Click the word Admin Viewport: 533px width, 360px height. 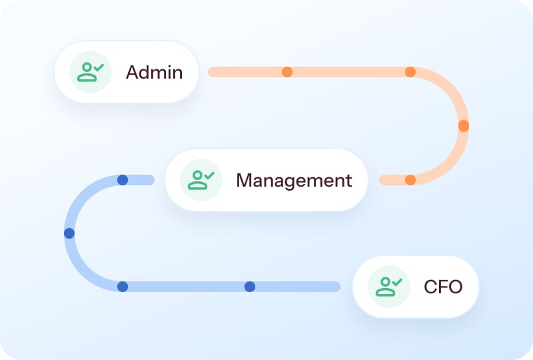coord(154,72)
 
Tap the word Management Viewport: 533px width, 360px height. coord(294,180)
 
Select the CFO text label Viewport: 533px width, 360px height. coord(443,287)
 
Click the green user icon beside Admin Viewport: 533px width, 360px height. coord(90,72)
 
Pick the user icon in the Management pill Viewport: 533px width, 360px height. coord(201,180)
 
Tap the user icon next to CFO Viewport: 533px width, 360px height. coord(388,287)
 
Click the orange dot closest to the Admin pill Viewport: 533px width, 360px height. coord(286,72)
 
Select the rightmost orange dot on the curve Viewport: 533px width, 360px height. coord(464,125)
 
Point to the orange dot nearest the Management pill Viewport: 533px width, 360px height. coord(410,180)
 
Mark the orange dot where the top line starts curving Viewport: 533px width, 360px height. coord(410,72)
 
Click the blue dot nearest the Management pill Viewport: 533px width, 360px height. coord(123,180)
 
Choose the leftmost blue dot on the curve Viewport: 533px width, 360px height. coord(69,233)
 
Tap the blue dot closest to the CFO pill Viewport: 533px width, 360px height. coord(250,287)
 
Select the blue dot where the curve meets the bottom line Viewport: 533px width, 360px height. coord(123,287)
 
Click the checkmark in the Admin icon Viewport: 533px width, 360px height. coord(98,68)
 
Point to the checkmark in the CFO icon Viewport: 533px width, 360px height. coord(397,283)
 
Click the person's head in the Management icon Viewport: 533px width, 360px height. coord(197,175)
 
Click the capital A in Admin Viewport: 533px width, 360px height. coord(132,72)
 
